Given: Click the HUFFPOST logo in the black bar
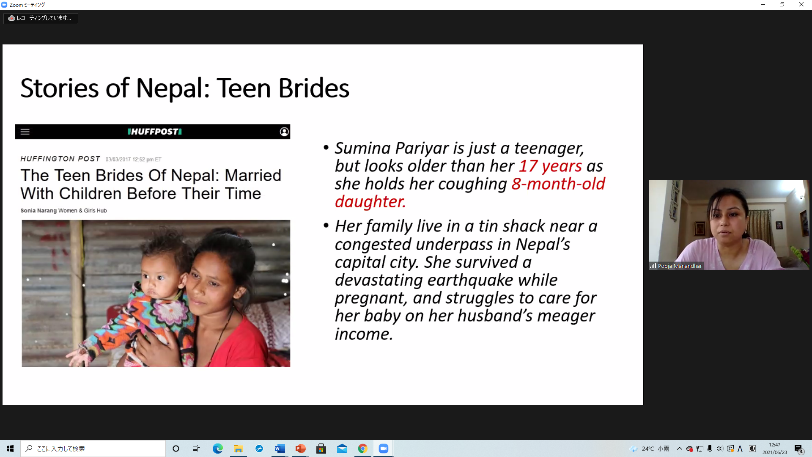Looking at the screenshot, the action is [x=155, y=132].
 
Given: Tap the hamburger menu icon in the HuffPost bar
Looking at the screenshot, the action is [x=25, y=132].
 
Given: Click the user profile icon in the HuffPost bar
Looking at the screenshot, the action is [x=284, y=132].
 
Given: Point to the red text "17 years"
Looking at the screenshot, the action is [x=550, y=166].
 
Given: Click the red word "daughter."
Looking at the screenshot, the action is [x=370, y=202].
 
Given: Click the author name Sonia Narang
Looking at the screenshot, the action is [x=38, y=210].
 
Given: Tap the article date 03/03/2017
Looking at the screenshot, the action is [x=118, y=160].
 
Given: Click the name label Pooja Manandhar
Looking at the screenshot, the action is [x=680, y=266].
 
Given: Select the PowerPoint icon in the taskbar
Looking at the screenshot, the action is [x=300, y=449].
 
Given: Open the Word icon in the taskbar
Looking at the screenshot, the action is [x=280, y=449].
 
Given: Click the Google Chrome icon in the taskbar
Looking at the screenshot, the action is [x=362, y=449].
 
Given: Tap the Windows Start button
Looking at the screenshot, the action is [x=10, y=449].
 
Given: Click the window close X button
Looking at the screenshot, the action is [x=801, y=5].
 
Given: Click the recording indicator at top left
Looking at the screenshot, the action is [x=41, y=18].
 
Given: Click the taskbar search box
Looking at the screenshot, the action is [x=93, y=449].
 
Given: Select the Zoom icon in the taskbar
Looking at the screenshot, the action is [x=383, y=449].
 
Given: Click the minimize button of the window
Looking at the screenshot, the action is [x=763, y=5].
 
